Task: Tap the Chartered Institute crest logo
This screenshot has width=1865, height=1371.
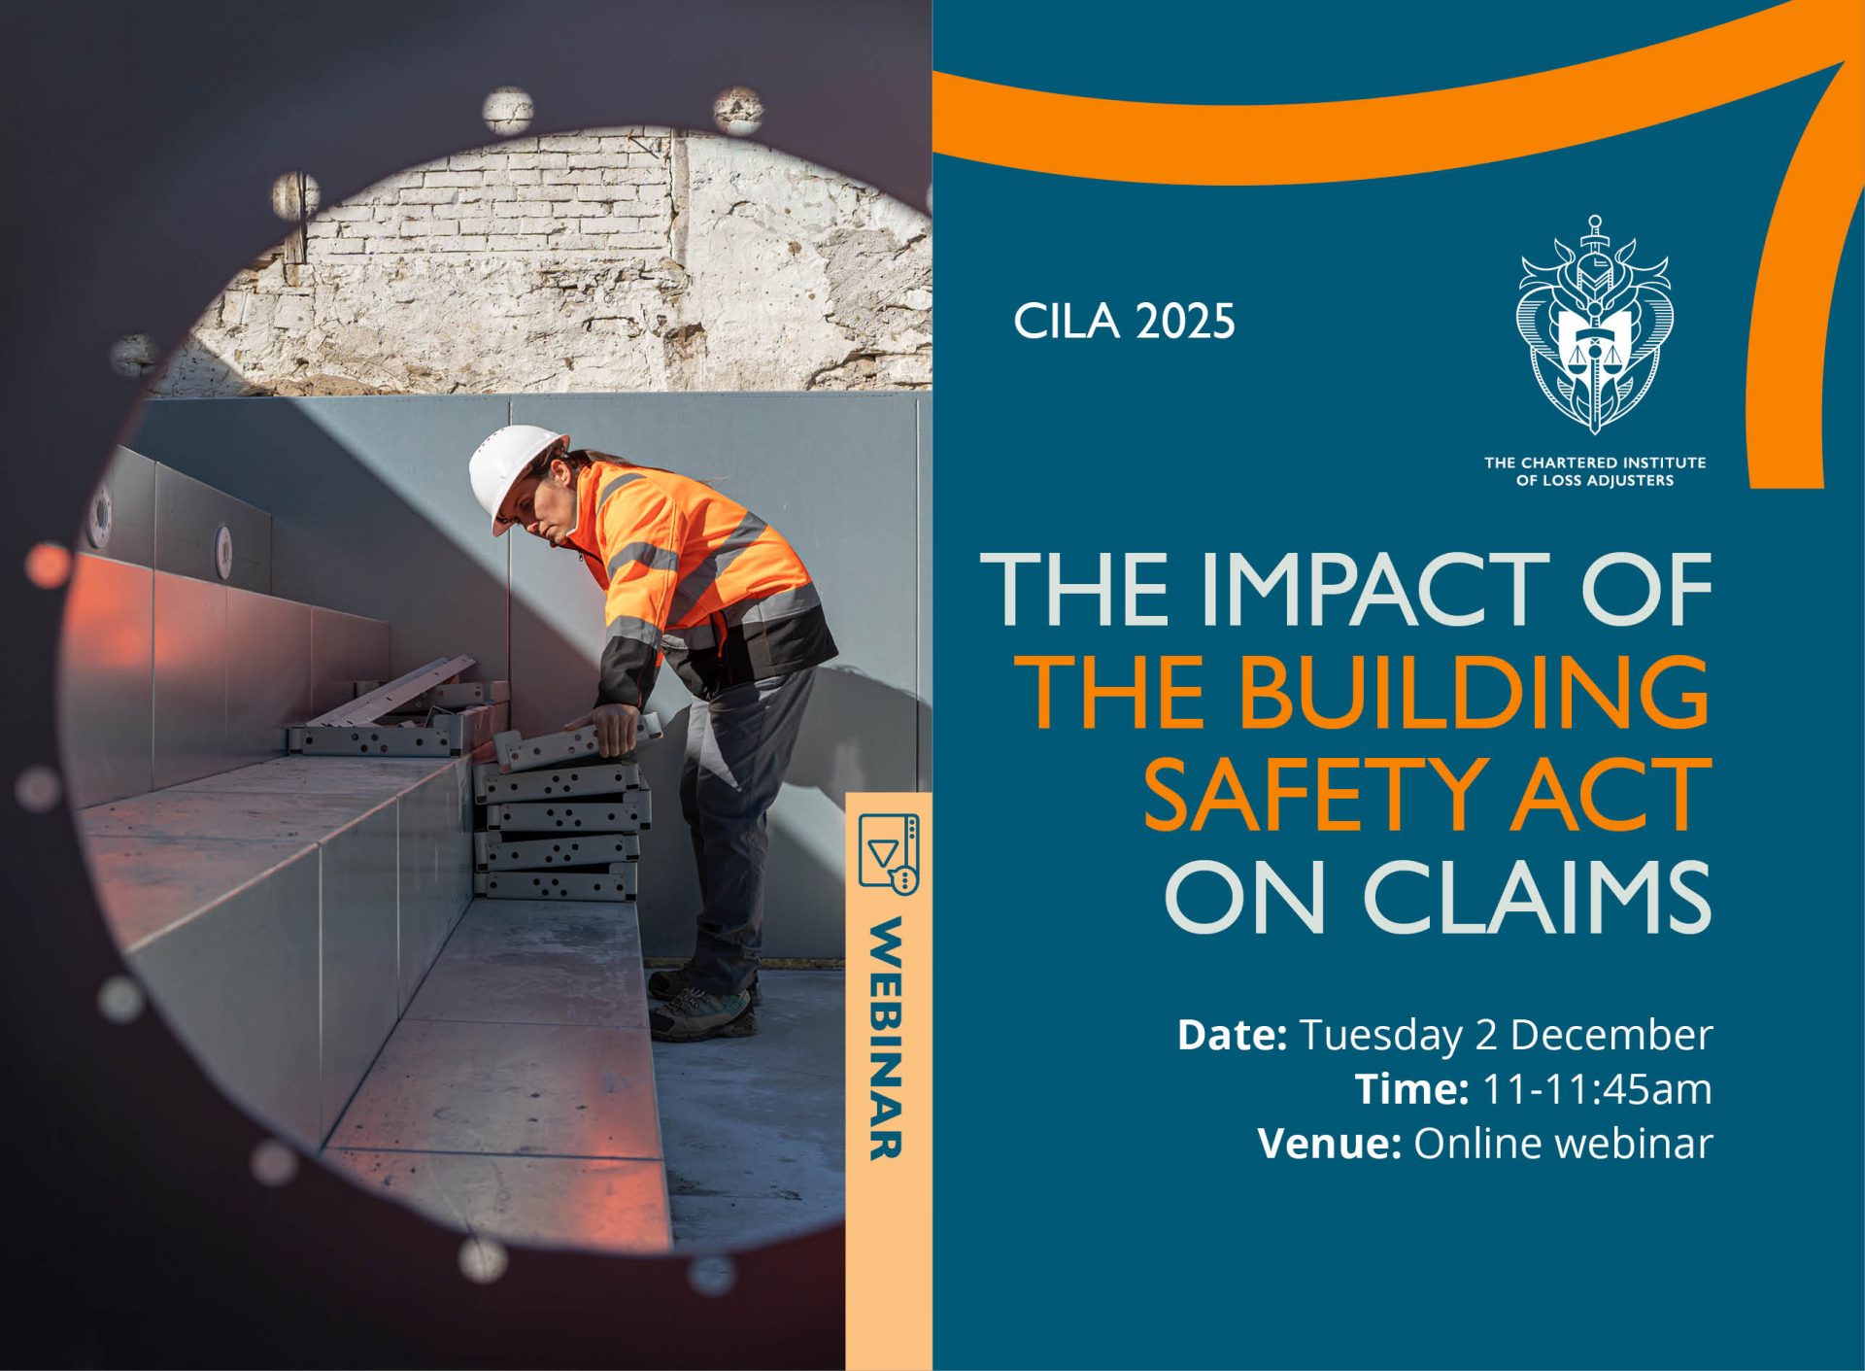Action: [x=1594, y=326]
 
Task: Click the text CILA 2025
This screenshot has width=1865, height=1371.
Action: [x=1124, y=322]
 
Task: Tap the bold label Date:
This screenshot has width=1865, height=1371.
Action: [x=1232, y=1035]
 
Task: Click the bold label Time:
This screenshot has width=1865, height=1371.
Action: [x=1411, y=1089]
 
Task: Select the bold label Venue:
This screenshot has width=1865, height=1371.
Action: [x=1329, y=1144]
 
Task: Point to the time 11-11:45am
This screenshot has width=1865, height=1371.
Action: [x=1597, y=1089]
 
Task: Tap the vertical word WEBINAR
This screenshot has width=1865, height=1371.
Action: [x=886, y=1038]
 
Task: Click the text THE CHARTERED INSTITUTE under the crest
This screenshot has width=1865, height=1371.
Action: [x=1594, y=463]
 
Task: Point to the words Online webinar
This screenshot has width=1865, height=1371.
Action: [x=1562, y=1144]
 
